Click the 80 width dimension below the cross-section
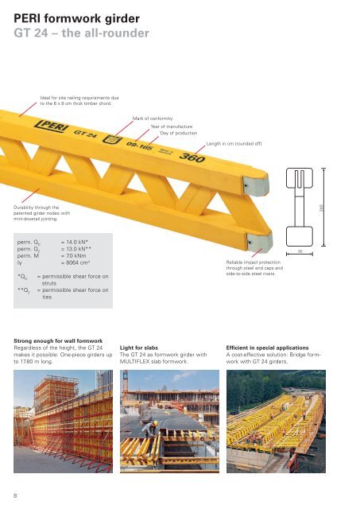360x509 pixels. (300, 253)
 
